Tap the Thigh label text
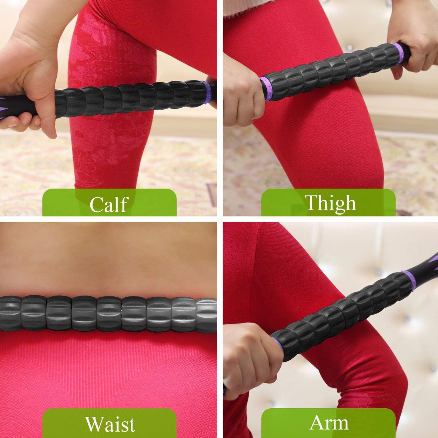coord(330,202)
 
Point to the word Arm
coord(329,423)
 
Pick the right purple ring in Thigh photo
coord(397,53)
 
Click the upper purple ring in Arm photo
coord(409,280)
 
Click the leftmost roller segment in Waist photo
coord(9,314)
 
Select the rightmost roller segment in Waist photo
coord(208,315)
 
